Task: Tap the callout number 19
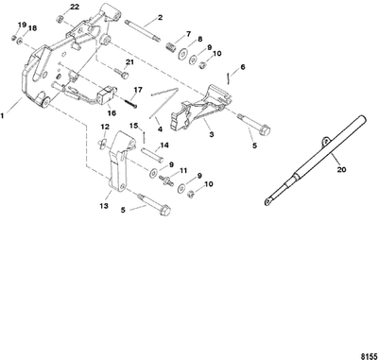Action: click(22, 26)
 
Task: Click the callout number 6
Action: click(243, 67)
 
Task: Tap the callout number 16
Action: click(111, 111)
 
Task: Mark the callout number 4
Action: click(160, 128)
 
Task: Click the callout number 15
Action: click(133, 125)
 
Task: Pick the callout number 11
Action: click(184, 171)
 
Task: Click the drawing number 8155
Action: click(364, 351)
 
